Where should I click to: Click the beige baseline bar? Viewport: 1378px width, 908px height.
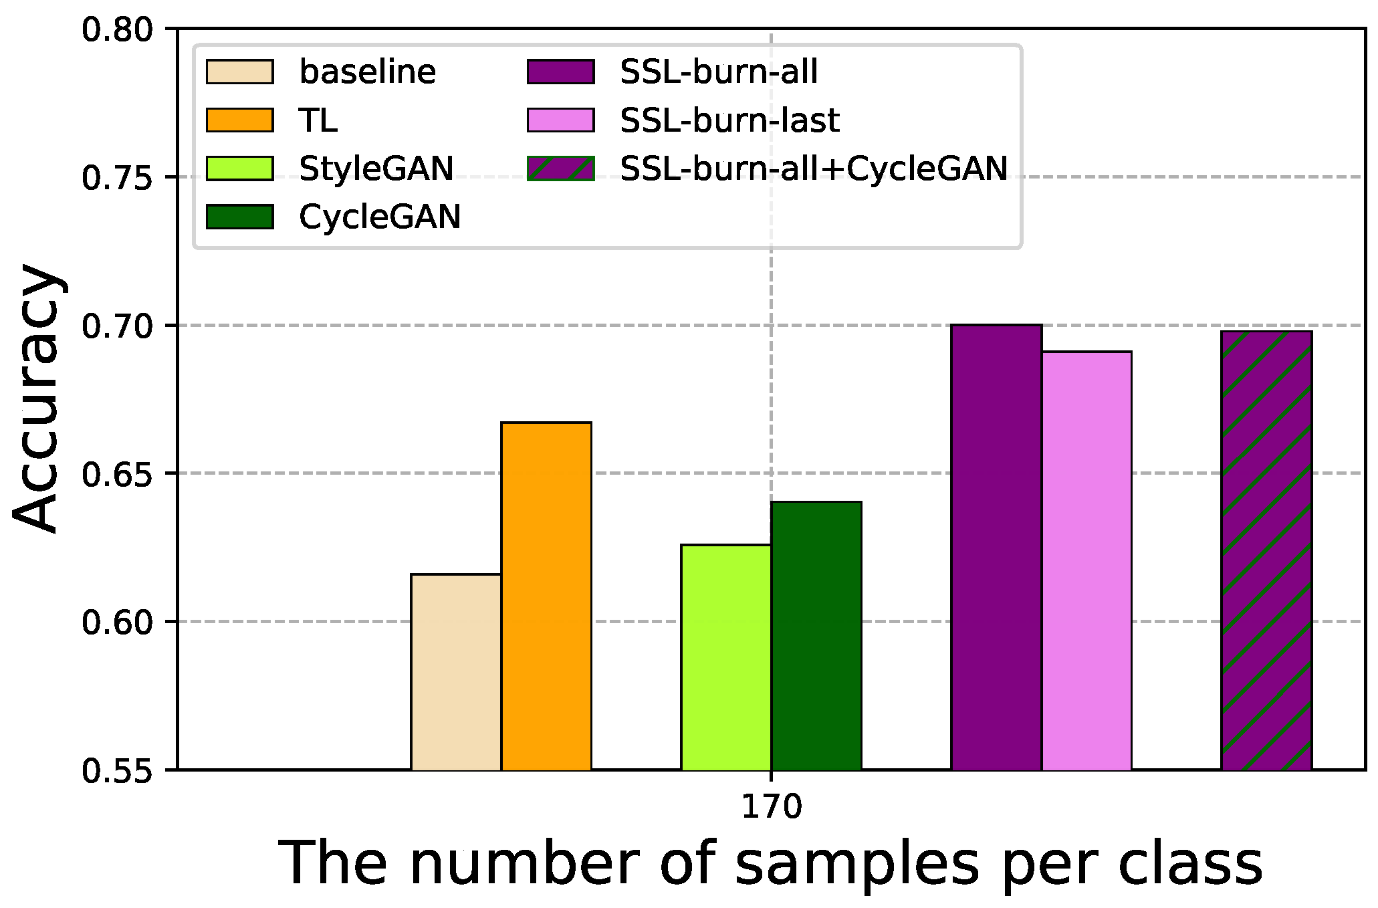[456, 671]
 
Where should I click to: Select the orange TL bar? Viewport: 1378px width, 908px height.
[546, 596]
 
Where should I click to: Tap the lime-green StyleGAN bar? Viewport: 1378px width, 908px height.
[726, 657]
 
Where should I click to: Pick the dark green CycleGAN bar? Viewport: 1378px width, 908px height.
[816, 635]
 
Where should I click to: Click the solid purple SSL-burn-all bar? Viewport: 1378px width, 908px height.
[996, 547]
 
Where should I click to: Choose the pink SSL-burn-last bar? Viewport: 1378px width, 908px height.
[1086, 560]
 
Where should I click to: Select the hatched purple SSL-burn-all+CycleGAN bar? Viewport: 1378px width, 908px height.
[1266, 550]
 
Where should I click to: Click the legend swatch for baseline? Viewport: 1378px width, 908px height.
[239, 72]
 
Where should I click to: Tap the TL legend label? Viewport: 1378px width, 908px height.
[318, 120]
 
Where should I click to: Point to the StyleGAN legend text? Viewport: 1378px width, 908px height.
[376, 168]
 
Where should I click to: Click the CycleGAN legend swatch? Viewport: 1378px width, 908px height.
[239, 217]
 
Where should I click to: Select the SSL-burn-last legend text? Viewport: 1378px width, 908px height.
[729, 120]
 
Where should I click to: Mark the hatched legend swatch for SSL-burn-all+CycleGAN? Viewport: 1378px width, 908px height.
[560, 168]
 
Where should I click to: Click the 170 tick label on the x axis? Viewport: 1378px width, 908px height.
[772, 808]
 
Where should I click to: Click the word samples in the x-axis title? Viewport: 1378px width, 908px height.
[857, 863]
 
